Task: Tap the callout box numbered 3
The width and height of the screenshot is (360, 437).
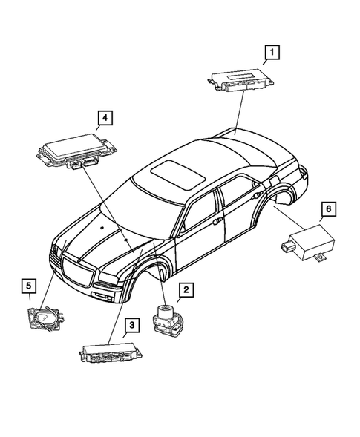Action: tap(131, 324)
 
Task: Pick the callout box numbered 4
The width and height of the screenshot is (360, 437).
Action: tap(105, 117)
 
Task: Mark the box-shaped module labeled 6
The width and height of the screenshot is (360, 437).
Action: tap(305, 242)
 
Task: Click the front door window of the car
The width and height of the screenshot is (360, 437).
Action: tap(199, 214)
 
